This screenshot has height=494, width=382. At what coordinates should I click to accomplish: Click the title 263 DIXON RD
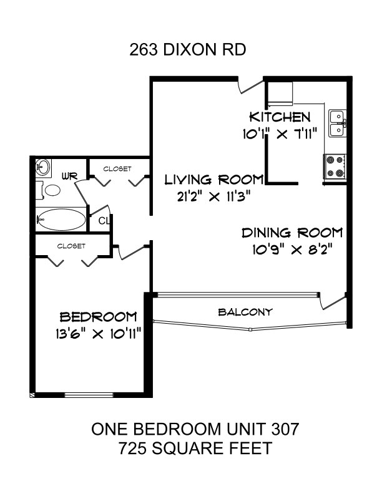click(187, 50)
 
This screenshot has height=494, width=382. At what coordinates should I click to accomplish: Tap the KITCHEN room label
click(280, 117)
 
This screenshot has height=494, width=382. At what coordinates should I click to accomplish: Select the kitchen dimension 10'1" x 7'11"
click(279, 134)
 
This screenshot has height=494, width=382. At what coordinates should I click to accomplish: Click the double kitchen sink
click(338, 123)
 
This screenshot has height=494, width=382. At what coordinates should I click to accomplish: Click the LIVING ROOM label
click(214, 180)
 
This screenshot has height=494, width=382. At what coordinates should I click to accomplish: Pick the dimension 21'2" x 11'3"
click(213, 196)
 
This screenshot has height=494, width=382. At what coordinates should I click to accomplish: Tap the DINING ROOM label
click(292, 233)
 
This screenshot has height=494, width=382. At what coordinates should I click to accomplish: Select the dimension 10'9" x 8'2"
click(293, 250)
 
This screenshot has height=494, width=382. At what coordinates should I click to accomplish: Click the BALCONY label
click(245, 312)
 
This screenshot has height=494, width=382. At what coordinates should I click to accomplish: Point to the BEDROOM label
click(99, 317)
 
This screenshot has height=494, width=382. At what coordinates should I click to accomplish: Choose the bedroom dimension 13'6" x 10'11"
click(98, 333)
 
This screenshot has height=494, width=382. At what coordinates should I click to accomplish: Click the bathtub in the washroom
click(61, 220)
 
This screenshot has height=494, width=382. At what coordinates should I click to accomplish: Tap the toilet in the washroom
click(48, 190)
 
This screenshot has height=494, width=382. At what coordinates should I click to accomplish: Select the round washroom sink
click(43, 167)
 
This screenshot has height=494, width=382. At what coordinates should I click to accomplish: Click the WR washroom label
click(70, 176)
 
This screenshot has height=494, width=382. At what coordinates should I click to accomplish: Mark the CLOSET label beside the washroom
click(117, 169)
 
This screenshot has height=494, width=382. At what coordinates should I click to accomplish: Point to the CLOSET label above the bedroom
click(71, 246)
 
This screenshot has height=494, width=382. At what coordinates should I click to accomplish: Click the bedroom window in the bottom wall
click(89, 395)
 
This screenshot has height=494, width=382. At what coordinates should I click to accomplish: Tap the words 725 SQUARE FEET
click(195, 448)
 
